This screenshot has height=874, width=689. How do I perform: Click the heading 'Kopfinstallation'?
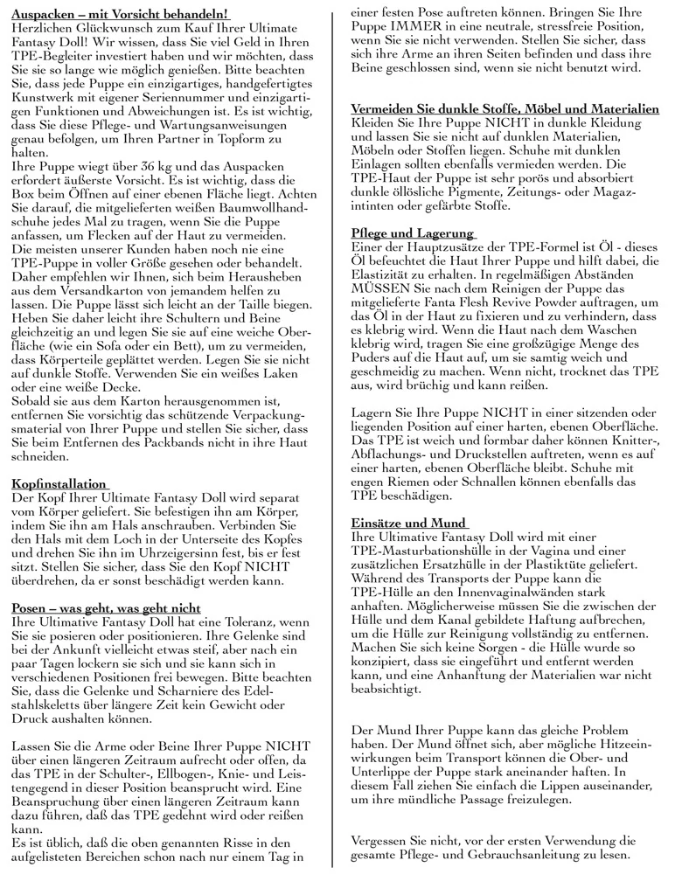[x=59, y=483]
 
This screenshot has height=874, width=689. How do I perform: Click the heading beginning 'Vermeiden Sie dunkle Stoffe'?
[x=505, y=109]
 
